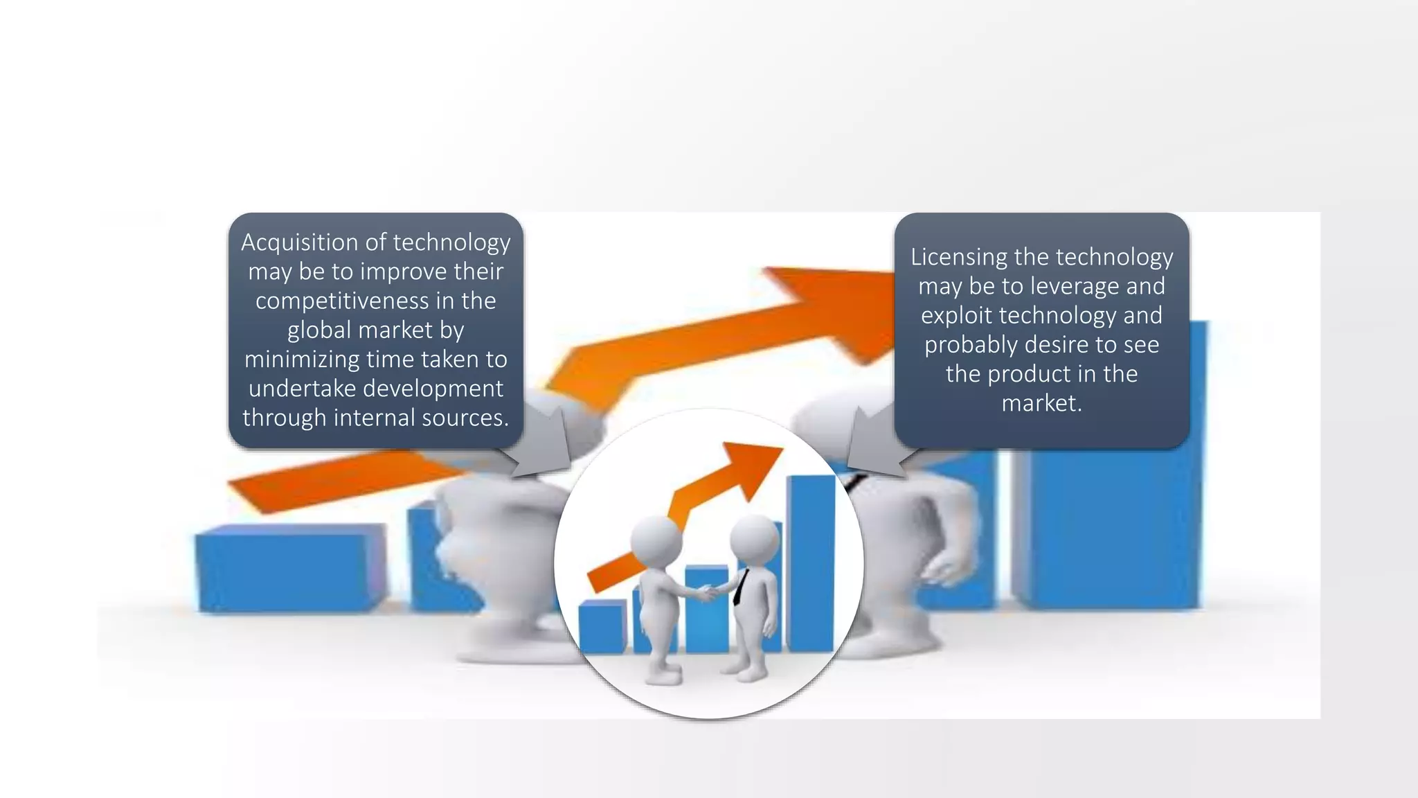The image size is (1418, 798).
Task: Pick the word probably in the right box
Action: click(970, 345)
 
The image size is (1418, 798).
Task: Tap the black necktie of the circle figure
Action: click(741, 586)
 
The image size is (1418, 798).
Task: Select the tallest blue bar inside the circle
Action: click(811, 561)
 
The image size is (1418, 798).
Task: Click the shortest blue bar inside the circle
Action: click(601, 626)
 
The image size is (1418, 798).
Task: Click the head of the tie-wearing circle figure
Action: click(755, 537)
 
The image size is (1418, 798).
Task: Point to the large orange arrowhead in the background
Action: click(838, 305)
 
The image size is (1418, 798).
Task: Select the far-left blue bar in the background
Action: click(291, 568)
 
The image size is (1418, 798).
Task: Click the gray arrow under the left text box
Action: click(547, 443)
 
